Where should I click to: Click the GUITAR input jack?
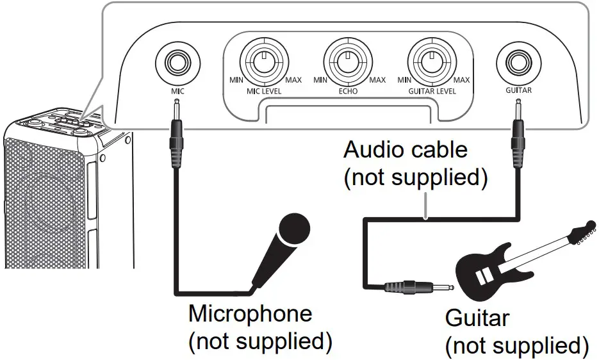coord(518,63)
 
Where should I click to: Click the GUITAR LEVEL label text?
coord(432,92)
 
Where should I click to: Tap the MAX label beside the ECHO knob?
coord(378,80)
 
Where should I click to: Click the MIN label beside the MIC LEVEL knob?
coord(237,80)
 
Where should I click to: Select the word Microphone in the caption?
coord(250,314)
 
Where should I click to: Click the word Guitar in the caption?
coord(477,318)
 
